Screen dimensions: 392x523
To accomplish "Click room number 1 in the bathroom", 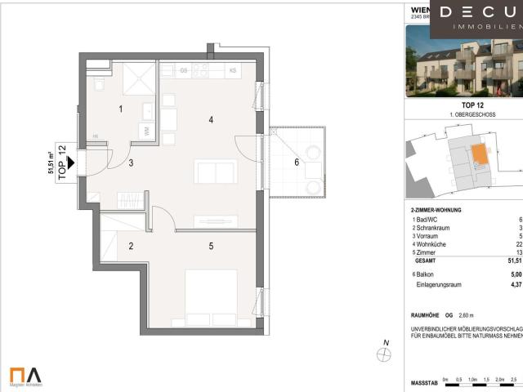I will (120, 109).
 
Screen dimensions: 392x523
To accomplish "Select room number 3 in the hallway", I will (130, 163).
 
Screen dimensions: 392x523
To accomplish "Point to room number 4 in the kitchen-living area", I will (211, 120).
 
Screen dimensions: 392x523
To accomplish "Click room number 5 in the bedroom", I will (210, 245).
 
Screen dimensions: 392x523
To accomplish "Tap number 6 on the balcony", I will (297, 162).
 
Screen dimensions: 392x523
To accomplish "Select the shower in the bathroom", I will (138, 79).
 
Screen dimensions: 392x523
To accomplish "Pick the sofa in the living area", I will (216, 172).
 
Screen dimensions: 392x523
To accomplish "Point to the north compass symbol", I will (383, 354).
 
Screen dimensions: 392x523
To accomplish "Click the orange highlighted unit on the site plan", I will (477, 154).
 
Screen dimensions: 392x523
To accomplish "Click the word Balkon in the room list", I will (422, 274).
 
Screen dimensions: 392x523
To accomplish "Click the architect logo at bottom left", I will (26, 375).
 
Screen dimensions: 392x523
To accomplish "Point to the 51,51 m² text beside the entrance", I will (51, 163).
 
